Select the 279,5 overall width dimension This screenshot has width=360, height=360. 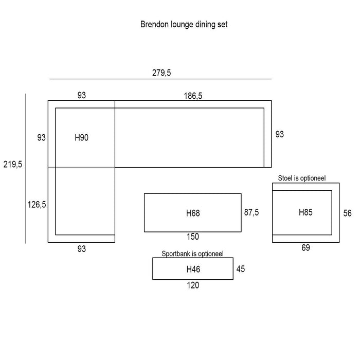pos(161,73)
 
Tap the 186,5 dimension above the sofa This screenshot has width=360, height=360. pos(193,95)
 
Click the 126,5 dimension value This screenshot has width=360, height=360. pos(37,205)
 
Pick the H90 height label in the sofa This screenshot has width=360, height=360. pos(82,137)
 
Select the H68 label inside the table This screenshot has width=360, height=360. pos(193,213)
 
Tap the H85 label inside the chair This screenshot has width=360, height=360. pos(305,212)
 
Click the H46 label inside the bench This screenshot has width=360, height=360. pos(193,269)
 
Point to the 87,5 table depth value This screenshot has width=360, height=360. pos(252,212)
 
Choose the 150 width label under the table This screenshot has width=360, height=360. pos(193,237)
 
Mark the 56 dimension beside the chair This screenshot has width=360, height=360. pos(348,213)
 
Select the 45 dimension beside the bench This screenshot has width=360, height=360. pos(241,268)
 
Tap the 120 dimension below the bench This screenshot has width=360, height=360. pos(193,285)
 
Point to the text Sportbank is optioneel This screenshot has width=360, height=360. pos(192,254)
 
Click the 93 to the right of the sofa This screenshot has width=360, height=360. pos(280,134)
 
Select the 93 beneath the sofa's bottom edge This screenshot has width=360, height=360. pos(81,249)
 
